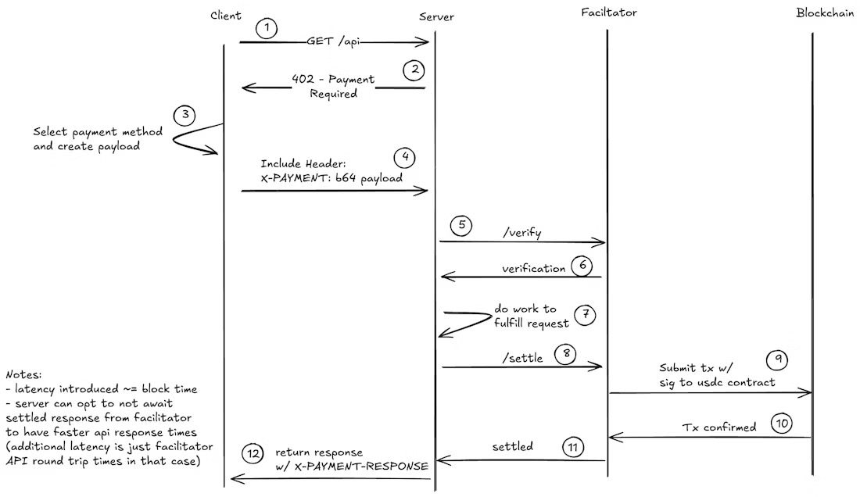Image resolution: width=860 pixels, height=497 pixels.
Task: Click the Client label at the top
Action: pyautogui.click(x=226, y=16)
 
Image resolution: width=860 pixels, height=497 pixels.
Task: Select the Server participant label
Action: pyautogui.click(x=435, y=17)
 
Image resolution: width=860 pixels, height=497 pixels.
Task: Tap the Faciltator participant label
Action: pyautogui.click(x=609, y=13)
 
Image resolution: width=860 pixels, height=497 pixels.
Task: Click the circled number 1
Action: pyautogui.click(x=267, y=29)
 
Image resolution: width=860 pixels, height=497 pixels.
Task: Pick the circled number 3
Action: pyautogui.click(x=185, y=116)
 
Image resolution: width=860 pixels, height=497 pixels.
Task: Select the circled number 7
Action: pyautogui.click(x=584, y=314)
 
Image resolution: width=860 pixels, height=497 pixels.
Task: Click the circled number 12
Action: pyautogui.click(x=253, y=453)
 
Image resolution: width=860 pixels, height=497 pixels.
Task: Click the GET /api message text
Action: pyautogui.click(x=336, y=42)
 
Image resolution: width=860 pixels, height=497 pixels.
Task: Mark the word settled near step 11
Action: pyautogui.click(x=513, y=447)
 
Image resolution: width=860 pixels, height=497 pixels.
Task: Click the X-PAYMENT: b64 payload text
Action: pyautogui.click(x=332, y=178)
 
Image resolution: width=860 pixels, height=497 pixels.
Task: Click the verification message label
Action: pyautogui.click(x=533, y=268)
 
